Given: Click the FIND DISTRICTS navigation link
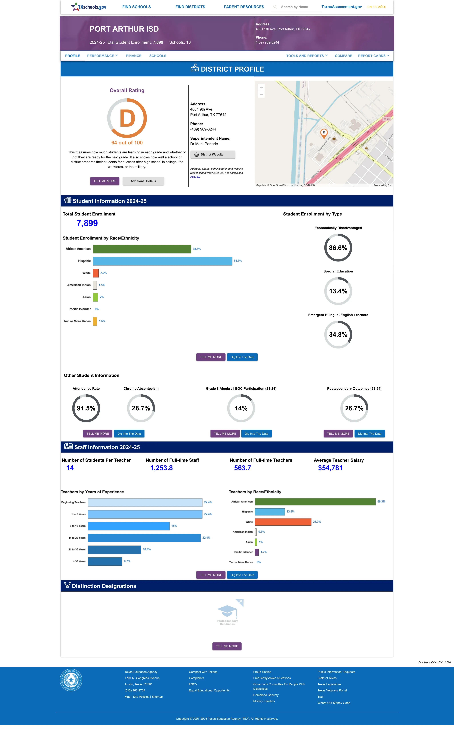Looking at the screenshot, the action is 190,7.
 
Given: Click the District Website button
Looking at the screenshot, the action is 213,155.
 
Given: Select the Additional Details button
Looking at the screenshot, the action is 143,181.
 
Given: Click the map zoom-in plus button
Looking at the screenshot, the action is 261,87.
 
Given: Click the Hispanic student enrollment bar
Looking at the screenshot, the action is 162,261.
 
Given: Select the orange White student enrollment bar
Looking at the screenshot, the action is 96,273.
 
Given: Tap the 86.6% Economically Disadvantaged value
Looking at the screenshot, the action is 338,248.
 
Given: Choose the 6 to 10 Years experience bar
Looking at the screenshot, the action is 129,526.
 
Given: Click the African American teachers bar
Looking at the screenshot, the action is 315,502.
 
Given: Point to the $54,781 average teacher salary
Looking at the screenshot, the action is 330,468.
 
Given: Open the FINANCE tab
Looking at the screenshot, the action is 134,56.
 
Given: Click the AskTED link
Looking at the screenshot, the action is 195,177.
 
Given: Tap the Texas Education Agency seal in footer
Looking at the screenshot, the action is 71,680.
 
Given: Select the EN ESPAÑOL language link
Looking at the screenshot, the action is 377,7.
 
